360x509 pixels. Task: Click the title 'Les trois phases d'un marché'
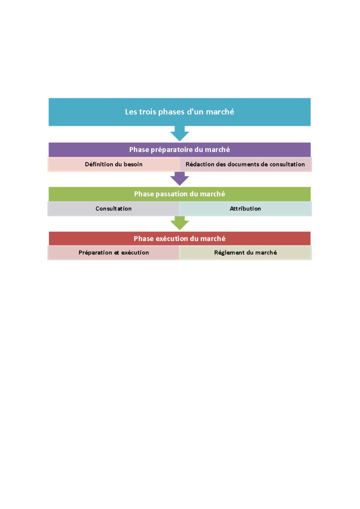pyautogui.click(x=179, y=112)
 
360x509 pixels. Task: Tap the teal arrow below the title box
pyautogui.click(x=179, y=134)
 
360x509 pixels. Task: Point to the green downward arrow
pyautogui.click(x=179, y=223)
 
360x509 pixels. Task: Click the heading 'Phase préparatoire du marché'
pyautogui.click(x=179, y=150)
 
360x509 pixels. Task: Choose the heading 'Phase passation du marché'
pyautogui.click(x=179, y=194)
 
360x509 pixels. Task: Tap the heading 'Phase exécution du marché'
pyautogui.click(x=179, y=238)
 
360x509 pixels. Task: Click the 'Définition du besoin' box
pyautogui.click(x=113, y=164)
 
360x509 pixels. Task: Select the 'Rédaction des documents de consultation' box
pyautogui.click(x=246, y=164)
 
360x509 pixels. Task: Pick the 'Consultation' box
pyautogui.click(x=113, y=209)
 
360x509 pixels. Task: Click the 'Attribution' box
pyautogui.click(x=246, y=209)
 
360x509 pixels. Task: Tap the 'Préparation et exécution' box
pyautogui.click(x=113, y=252)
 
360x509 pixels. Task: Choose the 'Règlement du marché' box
pyautogui.click(x=246, y=252)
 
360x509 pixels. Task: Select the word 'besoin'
pyautogui.click(x=133, y=164)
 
